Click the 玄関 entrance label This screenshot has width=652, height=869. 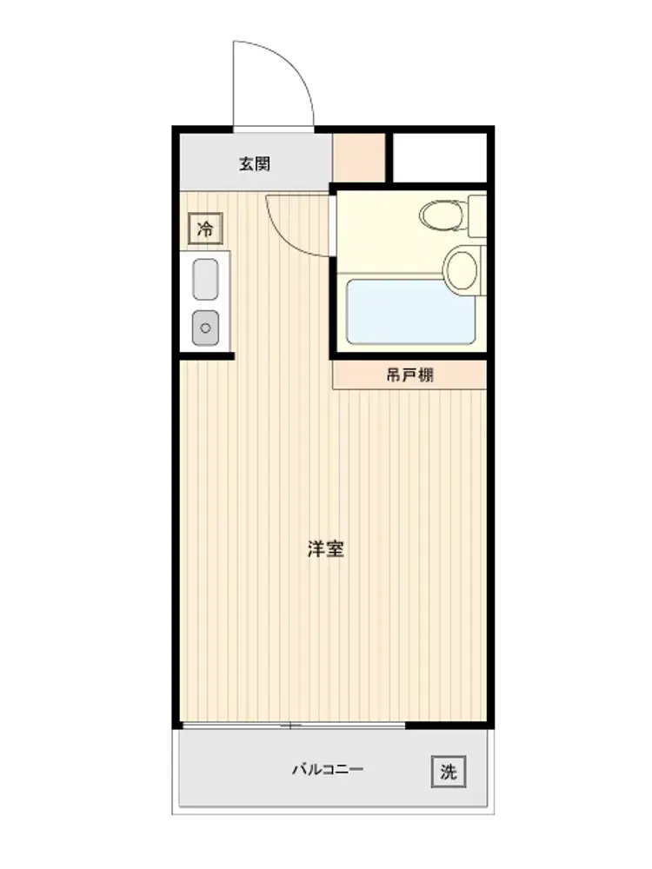click(255, 164)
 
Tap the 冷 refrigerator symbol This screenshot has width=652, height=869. click(205, 229)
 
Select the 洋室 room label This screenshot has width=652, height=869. click(326, 548)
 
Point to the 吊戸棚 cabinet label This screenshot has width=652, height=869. click(409, 375)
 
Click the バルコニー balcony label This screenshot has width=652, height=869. click(328, 769)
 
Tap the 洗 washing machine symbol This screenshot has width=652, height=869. click(449, 772)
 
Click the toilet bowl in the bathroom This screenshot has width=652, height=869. click(442, 215)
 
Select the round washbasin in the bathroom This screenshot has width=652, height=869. click(462, 271)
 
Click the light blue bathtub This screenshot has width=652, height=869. click(410, 311)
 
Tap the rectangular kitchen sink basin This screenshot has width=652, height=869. click(205, 279)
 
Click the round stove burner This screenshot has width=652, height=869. click(205, 328)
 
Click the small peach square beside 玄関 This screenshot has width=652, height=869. click(359, 158)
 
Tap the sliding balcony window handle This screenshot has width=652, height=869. click(290, 726)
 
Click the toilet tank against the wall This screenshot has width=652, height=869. click(476, 216)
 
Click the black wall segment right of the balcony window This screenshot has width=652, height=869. click(447, 725)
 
